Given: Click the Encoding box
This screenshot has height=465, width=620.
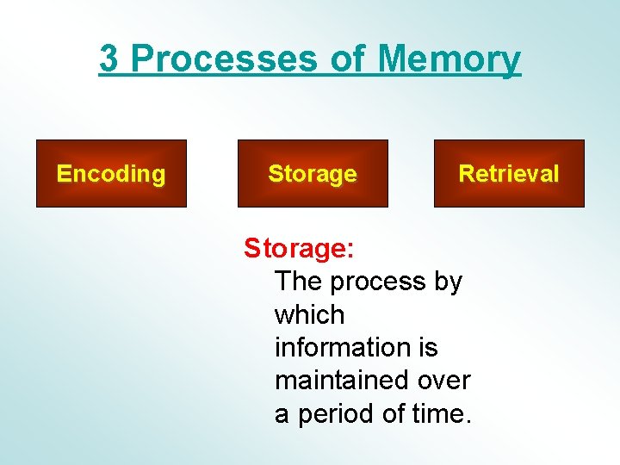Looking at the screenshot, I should coord(111,174).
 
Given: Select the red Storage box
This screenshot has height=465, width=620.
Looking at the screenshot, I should coord(313,174).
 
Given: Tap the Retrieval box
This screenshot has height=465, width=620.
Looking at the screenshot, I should coord(509,174).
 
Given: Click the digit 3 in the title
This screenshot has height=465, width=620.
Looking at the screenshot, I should coord(108,59).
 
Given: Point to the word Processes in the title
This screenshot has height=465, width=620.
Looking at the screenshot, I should coord(226,59).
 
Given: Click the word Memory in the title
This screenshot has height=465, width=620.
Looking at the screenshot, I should coord(449,59).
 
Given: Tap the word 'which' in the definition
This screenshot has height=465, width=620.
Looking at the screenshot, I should coord(309,314).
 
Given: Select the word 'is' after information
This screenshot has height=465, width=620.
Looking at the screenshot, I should coord(428,347).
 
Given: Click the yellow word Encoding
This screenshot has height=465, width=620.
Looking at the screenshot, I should coord(111,174).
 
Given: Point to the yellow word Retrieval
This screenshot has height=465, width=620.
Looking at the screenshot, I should coord(509,174).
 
